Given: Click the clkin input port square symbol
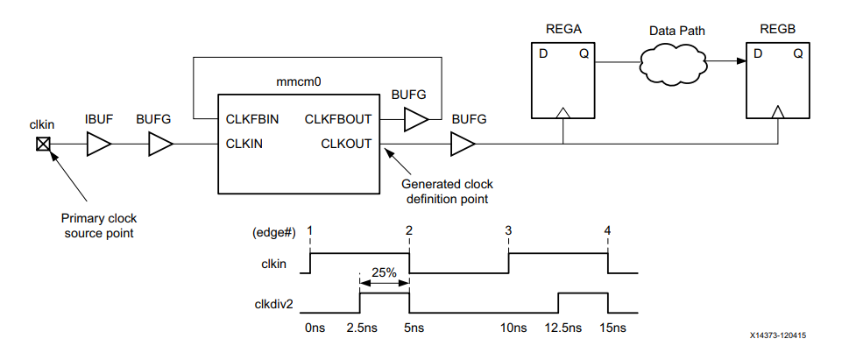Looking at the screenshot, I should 41,145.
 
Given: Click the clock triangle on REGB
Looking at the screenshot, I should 779,111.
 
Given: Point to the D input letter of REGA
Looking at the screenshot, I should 543,54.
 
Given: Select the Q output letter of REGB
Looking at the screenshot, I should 798,54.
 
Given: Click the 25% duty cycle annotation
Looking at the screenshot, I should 384,272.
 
